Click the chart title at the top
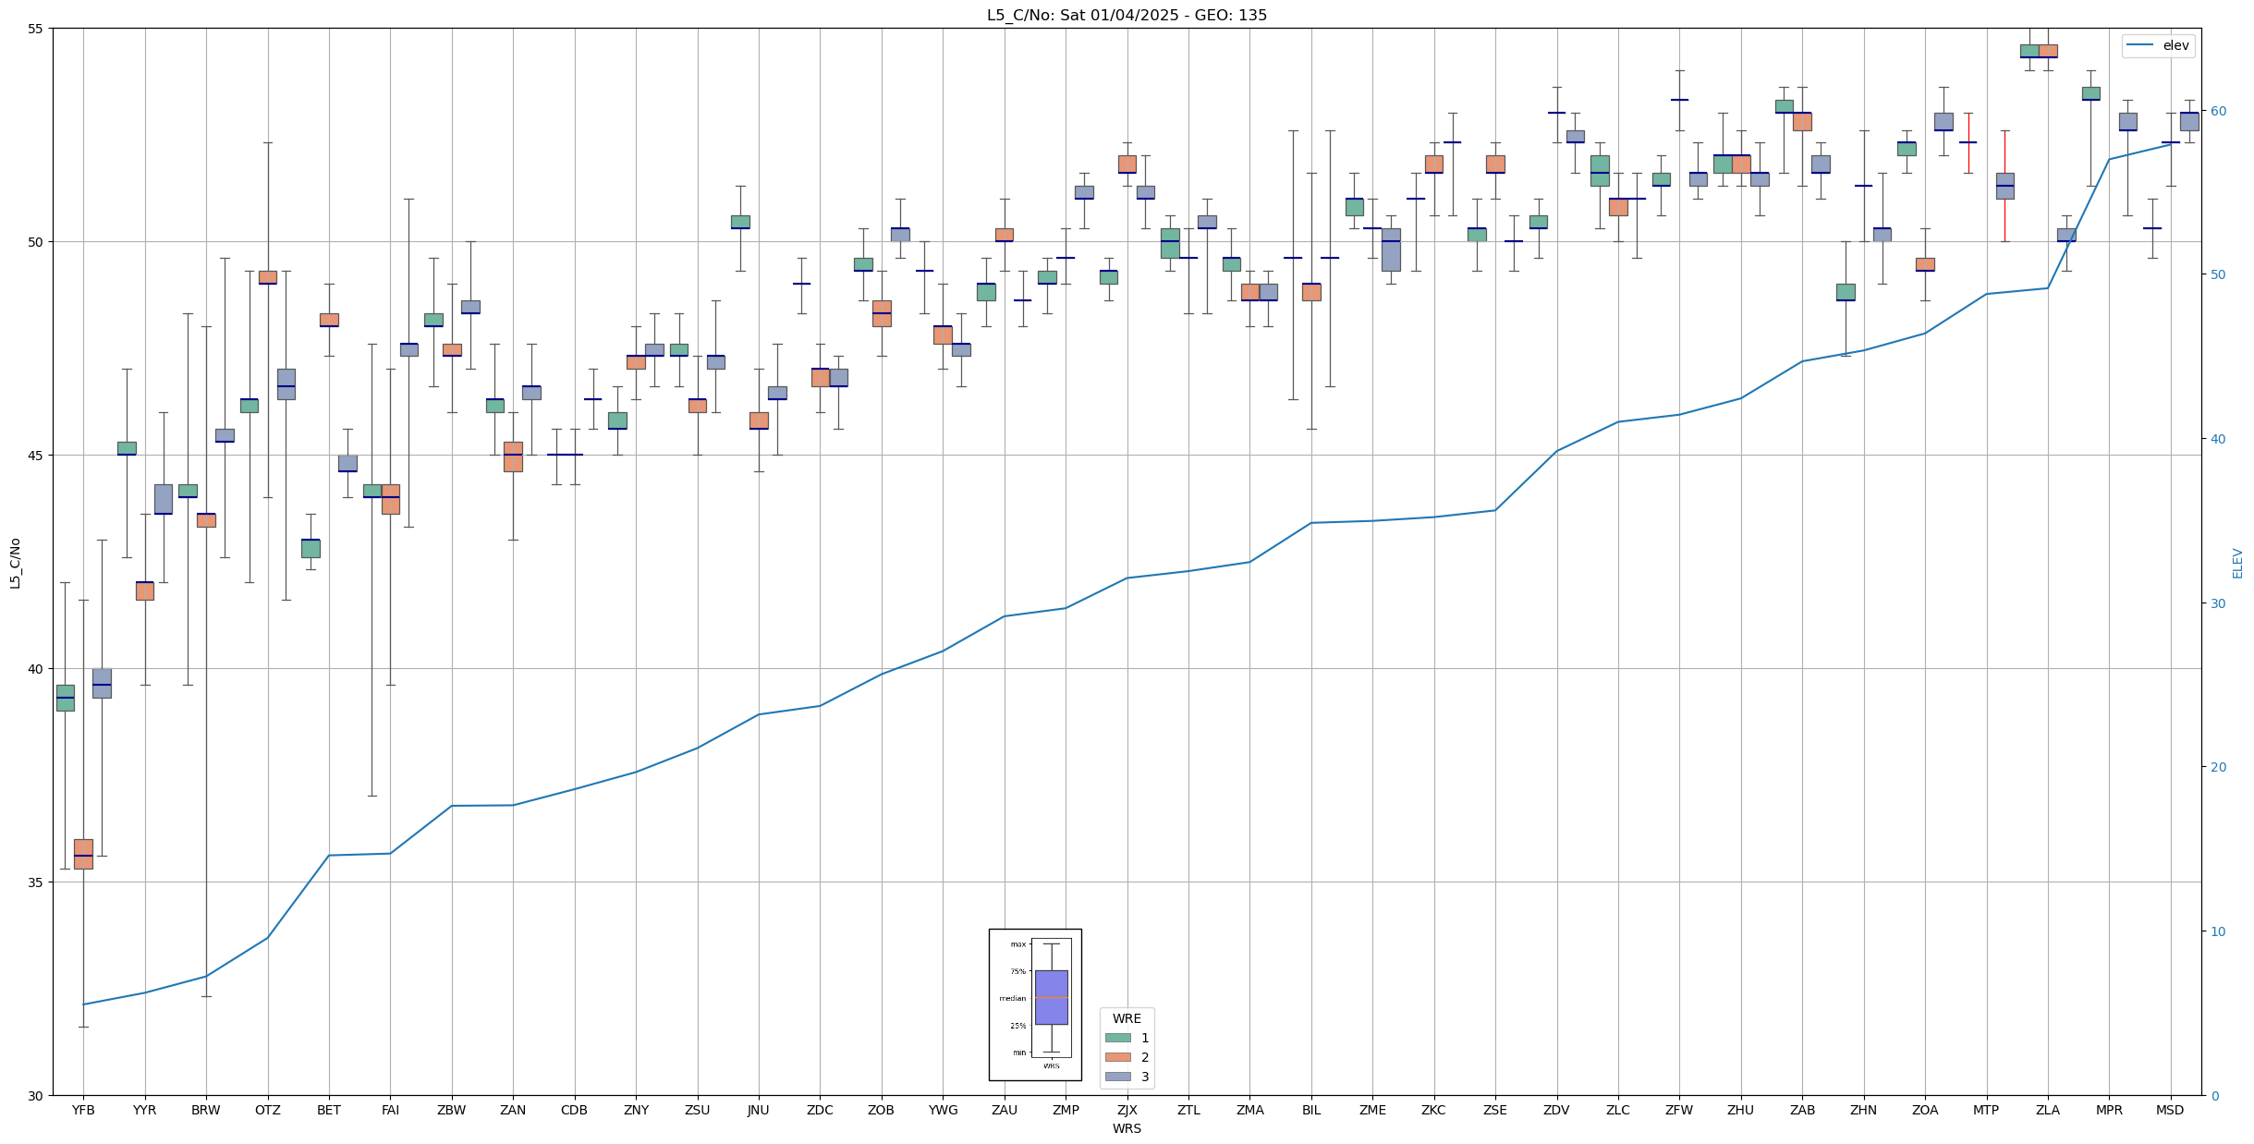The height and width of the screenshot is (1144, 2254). point(1127,15)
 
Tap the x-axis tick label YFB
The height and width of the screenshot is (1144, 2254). point(83,1110)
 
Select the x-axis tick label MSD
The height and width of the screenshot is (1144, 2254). point(2170,1110)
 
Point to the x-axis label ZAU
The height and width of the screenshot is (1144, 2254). point(1005,1110)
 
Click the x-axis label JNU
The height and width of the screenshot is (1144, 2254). point(759,1110)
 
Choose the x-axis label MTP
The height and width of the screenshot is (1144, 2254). point(1986,1110)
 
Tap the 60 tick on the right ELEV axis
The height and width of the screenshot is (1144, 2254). point(2218,111)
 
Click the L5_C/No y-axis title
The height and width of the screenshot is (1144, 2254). point(15,563)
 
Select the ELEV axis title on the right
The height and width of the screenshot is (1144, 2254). point(2237,563)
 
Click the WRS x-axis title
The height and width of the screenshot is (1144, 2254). point(1127,1128)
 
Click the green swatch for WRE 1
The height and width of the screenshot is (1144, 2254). point(1118,1038)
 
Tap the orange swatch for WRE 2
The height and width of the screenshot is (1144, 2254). point(1118,1057)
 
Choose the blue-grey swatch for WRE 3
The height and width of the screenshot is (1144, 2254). point(1118,1077)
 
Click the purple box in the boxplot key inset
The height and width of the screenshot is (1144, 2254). point(1052,997)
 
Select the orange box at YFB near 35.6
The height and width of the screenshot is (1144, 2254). point(83,854)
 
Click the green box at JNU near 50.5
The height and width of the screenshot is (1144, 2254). point(740,222)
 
